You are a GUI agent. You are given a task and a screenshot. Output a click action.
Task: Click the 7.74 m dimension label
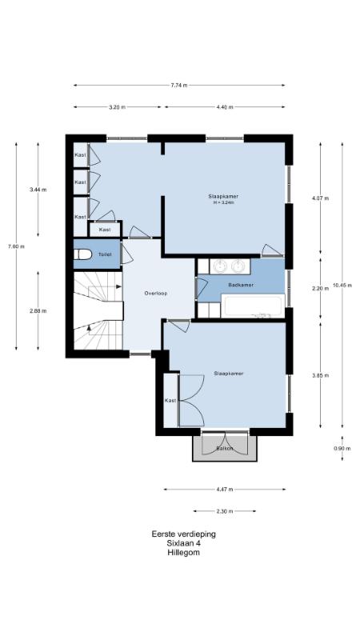[x=179, y=86]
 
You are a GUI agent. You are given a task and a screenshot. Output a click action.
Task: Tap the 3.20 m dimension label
[x=117, y=107]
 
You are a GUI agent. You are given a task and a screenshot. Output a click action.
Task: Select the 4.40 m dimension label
[x=225, y=107]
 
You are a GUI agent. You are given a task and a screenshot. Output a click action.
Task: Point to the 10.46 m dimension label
[x=342, y=286]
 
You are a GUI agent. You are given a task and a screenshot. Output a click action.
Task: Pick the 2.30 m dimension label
[x=225, y=511]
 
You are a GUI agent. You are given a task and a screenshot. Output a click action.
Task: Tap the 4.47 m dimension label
[x=225, y=490]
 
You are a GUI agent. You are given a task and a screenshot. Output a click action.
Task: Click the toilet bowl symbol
[x=83, y=254]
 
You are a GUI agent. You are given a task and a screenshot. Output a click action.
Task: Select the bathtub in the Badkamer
[x=252, y=306]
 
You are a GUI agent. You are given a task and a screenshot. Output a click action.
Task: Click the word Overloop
[x=156, y=293]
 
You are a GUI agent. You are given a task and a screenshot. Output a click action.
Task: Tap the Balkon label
[x=225, y=449]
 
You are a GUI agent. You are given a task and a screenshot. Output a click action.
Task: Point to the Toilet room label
[x=105, y=254]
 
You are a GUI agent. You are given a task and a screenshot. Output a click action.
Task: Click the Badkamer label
[x=241, y=285]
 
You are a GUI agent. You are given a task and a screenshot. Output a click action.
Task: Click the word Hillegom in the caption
[x=183, y=553]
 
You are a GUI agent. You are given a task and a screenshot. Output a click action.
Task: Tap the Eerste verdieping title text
[x=184, y=534]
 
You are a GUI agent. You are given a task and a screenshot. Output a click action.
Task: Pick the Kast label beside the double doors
[x=170, y=401]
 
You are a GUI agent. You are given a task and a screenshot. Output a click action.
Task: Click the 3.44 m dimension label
[x=38, y=190]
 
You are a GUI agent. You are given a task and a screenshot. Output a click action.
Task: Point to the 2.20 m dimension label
[x=321, y=288]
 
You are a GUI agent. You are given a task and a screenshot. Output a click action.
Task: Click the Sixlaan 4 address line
[x=184, y=543]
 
